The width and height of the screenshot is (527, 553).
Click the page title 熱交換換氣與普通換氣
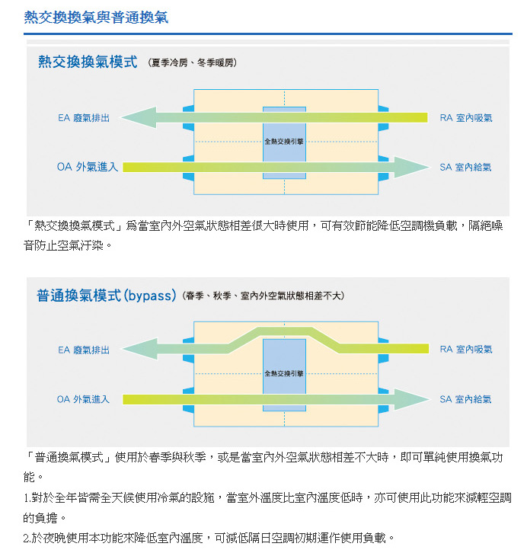[x=96, y=17]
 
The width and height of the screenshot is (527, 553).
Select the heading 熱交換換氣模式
[x=88, y=62]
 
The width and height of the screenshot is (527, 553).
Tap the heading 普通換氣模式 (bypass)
[x=107, y=296]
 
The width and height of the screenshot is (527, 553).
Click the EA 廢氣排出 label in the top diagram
[x=84, y=118]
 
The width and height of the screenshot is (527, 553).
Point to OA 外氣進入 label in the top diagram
[x=88, y=167]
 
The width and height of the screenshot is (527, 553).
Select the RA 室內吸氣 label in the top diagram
[x=466, y=118]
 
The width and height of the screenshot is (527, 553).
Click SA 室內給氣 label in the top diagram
[x=465, y=167]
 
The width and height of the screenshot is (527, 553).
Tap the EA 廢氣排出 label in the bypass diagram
[x=84, y=350]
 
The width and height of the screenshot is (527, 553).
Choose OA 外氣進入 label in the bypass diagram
[x=83, y=399]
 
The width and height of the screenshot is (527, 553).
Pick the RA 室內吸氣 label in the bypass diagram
[x=466, y=349]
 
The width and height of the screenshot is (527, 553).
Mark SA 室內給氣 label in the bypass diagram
[x=465, y=399]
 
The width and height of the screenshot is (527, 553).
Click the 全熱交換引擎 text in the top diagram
[x=284, y=142]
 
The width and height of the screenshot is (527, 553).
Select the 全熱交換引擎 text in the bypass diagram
[x=284, y=373]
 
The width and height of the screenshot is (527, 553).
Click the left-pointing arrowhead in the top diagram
[x=139, y=117]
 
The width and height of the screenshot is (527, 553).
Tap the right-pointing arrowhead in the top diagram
[x=412, y=167]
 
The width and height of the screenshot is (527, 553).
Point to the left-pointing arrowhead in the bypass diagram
[x=140, y=349]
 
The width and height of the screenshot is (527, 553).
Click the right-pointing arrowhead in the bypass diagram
[x=412, y=399]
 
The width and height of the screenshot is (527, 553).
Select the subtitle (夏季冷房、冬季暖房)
[x=193, y=62]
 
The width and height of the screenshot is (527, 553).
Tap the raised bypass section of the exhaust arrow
[x=284, y=332]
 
